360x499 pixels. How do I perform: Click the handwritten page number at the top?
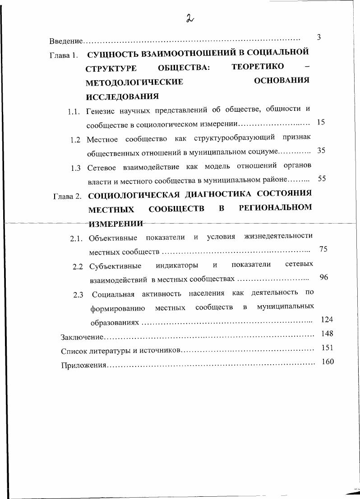point(189,18)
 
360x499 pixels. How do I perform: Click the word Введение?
point(66,41)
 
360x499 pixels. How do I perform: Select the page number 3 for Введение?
point(318,37)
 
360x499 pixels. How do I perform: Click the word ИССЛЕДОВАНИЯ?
point(122,96)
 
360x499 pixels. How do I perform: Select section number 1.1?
point(74,112)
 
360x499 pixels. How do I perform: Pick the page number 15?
point(321,122)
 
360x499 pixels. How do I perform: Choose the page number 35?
point(321,151)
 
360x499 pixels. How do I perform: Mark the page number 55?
point(322,179)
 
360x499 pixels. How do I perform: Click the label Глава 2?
point(67,197)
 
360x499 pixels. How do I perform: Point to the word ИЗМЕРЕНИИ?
point(115,224)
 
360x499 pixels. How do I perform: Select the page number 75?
point(323,249)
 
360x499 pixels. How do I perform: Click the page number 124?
point(327,320)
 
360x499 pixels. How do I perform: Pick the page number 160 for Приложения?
point(328,362)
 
